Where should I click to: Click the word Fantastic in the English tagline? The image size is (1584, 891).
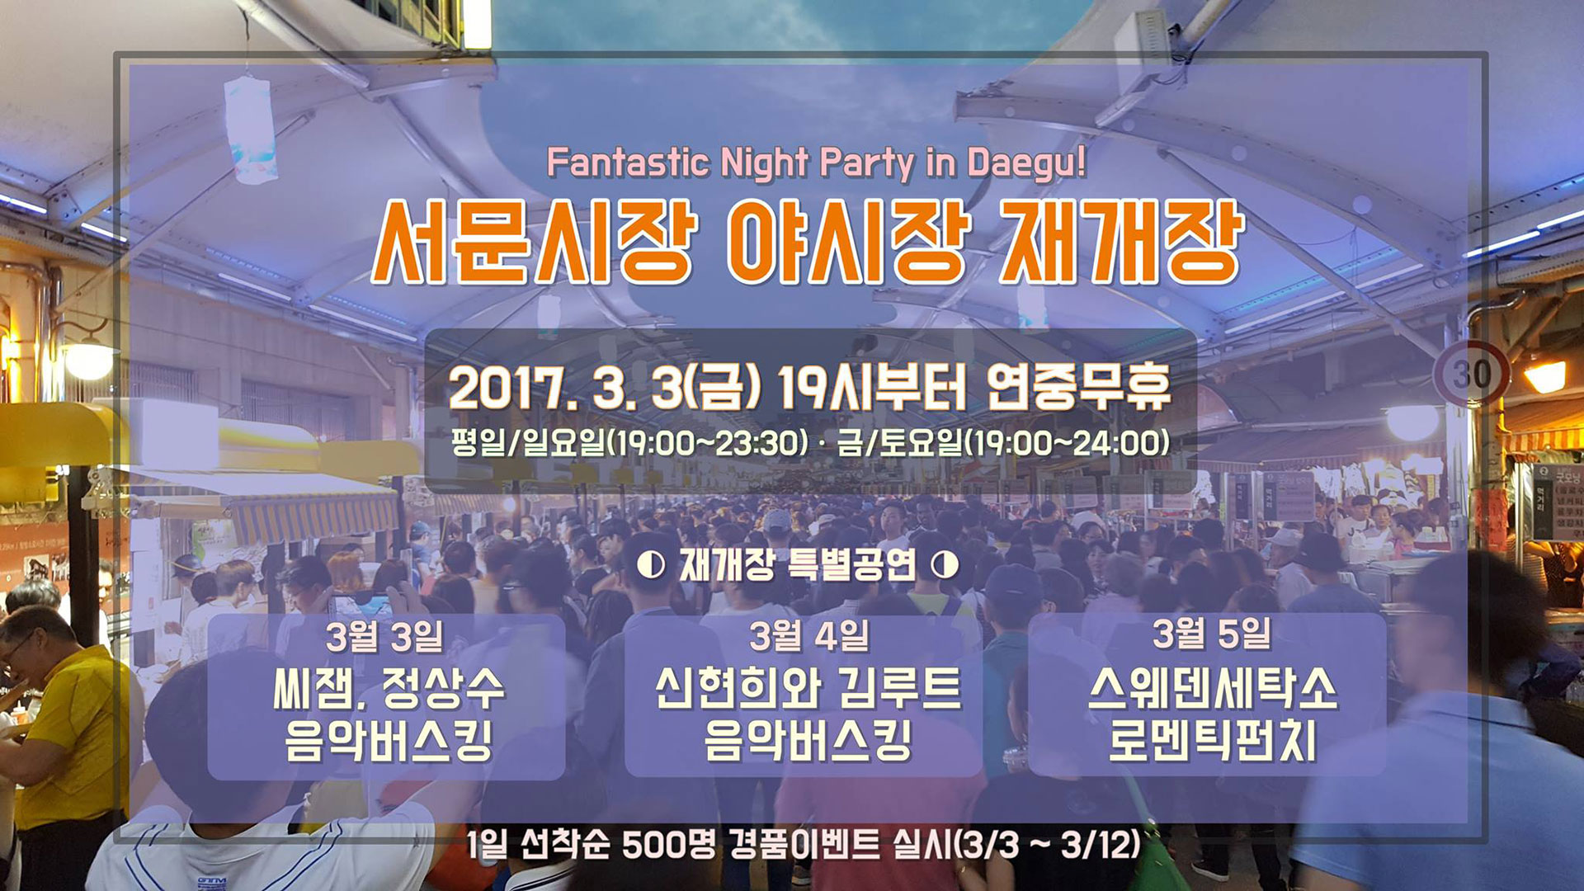[627, 163]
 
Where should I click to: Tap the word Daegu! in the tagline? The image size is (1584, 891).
[1026, 163]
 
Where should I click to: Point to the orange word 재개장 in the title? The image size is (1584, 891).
[1121, 243]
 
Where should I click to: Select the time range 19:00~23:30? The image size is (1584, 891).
[708, 444]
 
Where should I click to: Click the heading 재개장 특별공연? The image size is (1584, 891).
[798, 565]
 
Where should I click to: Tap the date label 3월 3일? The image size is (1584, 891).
[384, 636]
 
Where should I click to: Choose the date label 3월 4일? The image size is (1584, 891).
[808, 636]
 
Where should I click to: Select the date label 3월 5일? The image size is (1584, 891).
[1211, 634]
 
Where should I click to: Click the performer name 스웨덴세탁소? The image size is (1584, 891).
[1212, 689]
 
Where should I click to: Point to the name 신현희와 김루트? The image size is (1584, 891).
[808, 689]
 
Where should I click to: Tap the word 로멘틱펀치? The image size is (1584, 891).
[1212, 740]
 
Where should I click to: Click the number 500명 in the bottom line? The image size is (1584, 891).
[669, 844]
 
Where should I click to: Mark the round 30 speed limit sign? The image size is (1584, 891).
[1471, 374]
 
